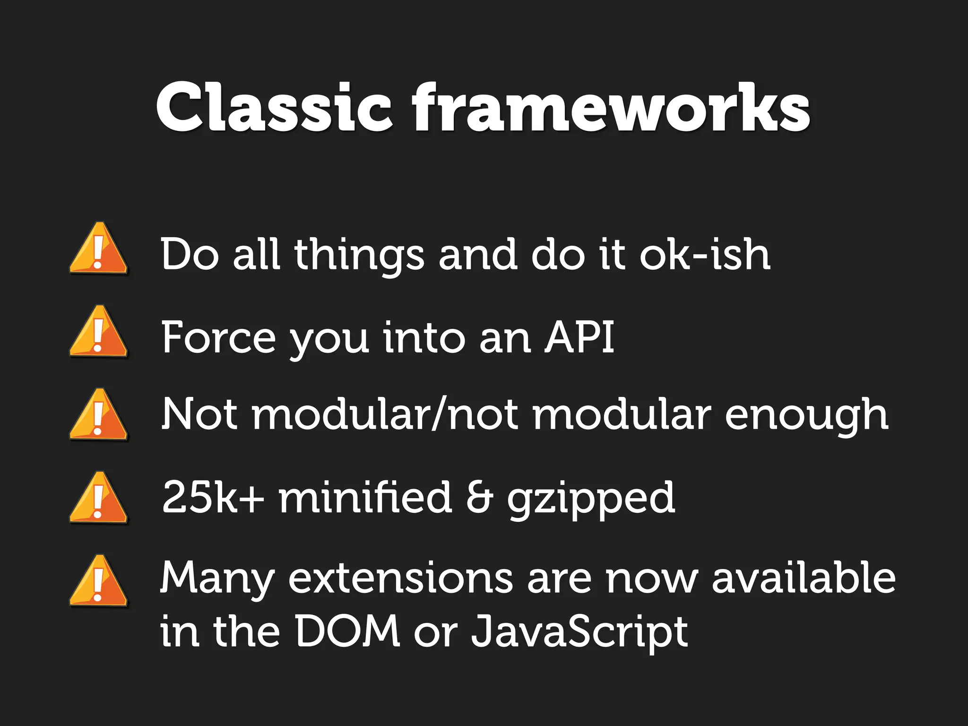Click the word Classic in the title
[274, 108]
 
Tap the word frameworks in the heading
[611, 108]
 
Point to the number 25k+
[213, 497]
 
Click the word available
[804, 578]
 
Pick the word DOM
[347, 631]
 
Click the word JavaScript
[579, 632]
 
